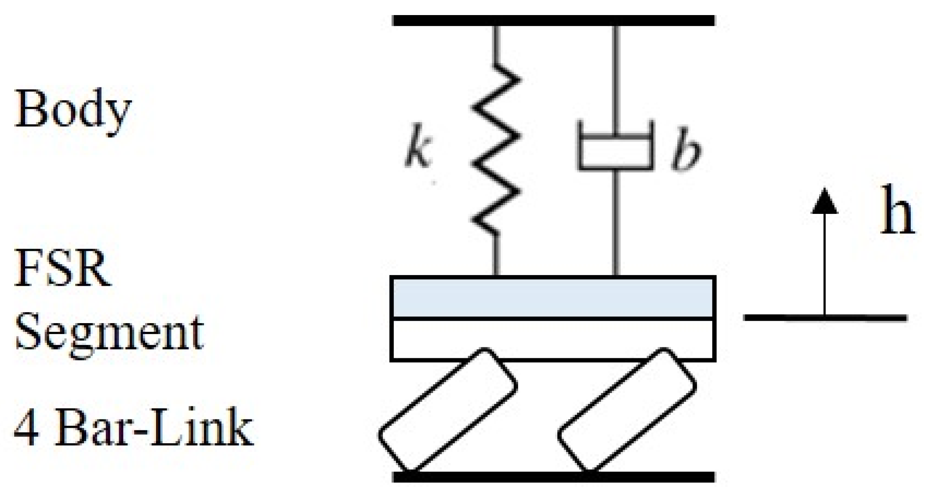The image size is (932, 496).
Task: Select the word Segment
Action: point(109,332)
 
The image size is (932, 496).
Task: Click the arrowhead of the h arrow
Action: point(825,202)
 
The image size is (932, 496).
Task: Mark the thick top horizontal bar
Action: point(554,21)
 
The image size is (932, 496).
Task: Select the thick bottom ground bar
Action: point(554,477)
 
